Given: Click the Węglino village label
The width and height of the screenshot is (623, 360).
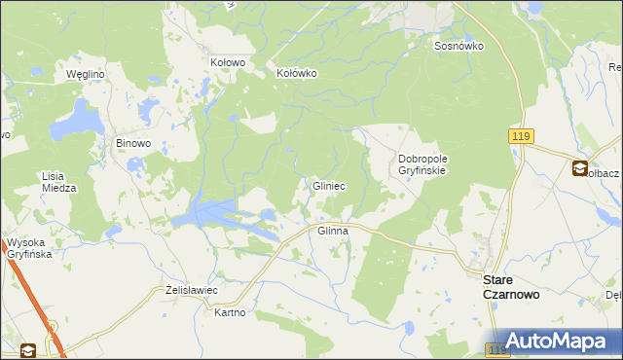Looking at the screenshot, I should point(85,74).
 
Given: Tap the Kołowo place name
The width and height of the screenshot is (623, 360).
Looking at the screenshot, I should point(228,61).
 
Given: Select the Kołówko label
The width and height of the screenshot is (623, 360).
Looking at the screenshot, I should point(297,73).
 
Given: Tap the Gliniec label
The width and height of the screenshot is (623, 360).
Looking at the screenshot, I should point(328,185).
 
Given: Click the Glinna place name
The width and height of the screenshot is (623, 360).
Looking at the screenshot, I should point(333,231).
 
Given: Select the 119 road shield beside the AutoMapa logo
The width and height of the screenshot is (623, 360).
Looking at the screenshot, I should point(497,348).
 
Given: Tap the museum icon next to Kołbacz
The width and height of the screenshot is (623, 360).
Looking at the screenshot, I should point(580,169).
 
